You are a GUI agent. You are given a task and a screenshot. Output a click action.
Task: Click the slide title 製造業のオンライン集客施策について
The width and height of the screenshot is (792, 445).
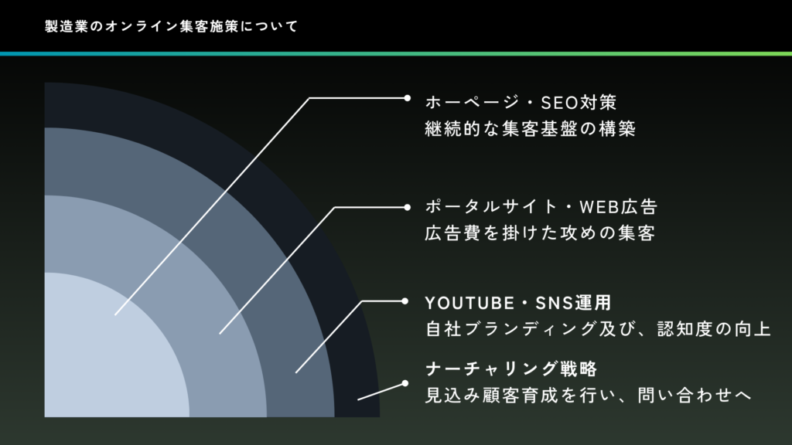[x=171, y=26]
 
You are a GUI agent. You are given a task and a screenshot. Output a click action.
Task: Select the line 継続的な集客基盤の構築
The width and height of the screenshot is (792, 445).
[x=530, y=129]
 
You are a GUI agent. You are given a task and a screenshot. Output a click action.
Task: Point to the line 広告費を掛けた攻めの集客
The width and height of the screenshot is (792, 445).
[x=540, y=233]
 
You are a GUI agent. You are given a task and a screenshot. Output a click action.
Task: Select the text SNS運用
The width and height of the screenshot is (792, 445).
[x=579, y=301]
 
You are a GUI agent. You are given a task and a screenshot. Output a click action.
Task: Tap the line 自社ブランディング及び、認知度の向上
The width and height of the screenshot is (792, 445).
[x=598, y=329]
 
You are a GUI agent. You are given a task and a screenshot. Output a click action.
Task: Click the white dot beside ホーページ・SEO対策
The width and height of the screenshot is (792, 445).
[x=408, y=98]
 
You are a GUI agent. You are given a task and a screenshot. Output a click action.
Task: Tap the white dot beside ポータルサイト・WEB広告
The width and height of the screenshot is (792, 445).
[x=408, y=207]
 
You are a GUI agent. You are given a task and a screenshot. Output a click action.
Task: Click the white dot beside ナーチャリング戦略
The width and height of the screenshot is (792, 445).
[x=404, y=383]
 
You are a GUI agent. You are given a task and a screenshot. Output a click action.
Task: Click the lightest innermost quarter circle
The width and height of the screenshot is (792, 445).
[x=101, y=355]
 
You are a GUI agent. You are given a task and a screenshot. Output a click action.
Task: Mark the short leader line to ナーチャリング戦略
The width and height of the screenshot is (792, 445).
[x=380, y=391]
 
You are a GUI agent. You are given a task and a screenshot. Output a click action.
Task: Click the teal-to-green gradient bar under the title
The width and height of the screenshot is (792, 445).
[x=396, y=53]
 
